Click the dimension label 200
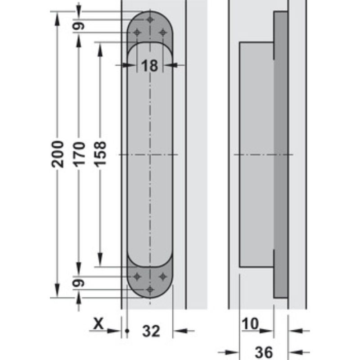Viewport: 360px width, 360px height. click(x=57, y=154)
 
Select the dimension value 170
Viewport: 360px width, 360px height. click(x=79, y=154)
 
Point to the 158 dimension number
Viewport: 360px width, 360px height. click(x=100, y=154)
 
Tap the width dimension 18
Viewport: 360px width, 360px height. click(x=150, y=66)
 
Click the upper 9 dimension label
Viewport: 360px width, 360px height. click(x=79, y=26)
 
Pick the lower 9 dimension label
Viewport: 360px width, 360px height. click(x=79, y=283)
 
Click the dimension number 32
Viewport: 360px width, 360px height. click(x=151, y=332)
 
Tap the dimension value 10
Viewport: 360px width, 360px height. click(x=251, y=324)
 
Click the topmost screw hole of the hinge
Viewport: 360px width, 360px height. click(x=150, y=20)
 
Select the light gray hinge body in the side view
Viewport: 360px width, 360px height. click(x=256, y=154)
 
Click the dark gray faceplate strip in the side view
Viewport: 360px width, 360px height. click(x=281, y=154)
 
